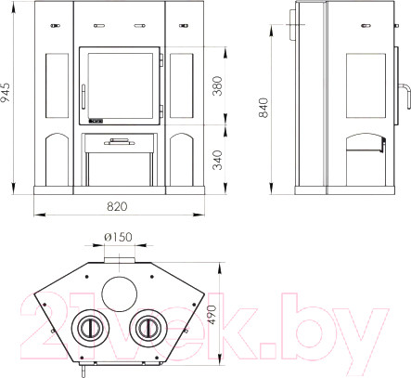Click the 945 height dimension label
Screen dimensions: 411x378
coord(6,92)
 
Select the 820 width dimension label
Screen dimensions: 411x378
coord(117,206)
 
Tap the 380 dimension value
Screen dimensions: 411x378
coord(218,85)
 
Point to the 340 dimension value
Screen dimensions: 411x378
coord(218,160)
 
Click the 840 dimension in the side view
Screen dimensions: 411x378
coord(263,108)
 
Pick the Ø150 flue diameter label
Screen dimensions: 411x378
coord(118,237)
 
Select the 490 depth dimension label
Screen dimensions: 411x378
coord(212,315)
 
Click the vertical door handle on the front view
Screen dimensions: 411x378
coord(83,97)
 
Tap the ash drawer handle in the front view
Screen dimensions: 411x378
coord(119,141)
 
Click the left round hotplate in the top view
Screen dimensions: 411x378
coord(90,328)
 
